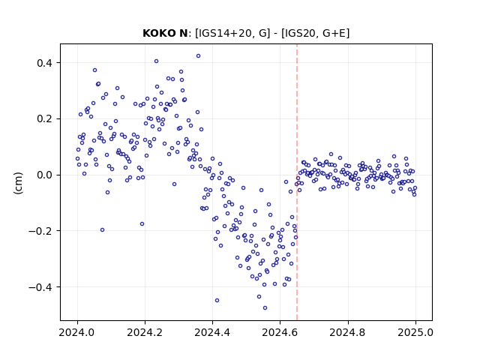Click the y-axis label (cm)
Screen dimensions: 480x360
point(18,183)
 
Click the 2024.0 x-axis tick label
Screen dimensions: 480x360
point(77,332)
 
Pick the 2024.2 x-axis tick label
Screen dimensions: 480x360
point(145,332)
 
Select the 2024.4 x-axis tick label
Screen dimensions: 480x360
point(212,332)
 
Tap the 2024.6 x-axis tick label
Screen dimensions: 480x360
point(280,332)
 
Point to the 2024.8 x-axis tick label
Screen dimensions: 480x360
point(348,332)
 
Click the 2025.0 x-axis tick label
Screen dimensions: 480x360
point(415,332)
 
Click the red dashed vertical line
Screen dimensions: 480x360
point(297,182)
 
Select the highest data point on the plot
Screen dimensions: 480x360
point(198,56)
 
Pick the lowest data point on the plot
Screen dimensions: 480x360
point(265,307)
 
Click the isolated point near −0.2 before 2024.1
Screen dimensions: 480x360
point(102,230)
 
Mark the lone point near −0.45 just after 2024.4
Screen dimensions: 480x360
point(217,300)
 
